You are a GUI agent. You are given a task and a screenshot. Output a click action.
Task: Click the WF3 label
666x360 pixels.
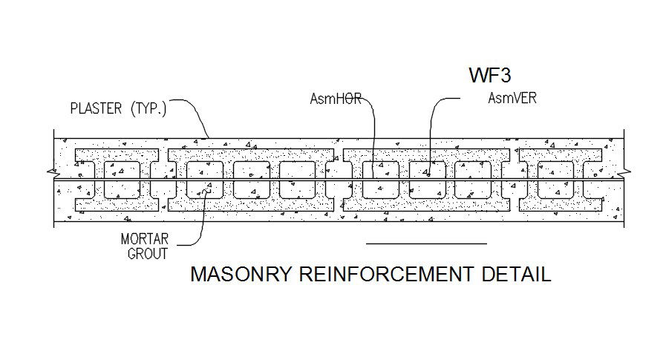(x=492, y=76)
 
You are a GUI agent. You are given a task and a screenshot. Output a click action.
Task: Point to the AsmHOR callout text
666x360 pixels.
(x=335, y=99)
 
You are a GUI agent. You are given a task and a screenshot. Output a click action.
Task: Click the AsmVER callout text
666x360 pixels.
(x=512, y=98)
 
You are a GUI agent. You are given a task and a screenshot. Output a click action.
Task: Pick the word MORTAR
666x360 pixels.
(x=144, y=240)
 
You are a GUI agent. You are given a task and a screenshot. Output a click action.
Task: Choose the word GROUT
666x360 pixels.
(x=144, y=253)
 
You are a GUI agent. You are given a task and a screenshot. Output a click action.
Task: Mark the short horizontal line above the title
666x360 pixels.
(x=426, y=243)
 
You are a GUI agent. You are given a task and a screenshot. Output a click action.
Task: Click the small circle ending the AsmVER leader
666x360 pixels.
(x=429, y=175)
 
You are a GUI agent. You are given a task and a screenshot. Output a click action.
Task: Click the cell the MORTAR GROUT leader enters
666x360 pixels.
(x=205, y=180)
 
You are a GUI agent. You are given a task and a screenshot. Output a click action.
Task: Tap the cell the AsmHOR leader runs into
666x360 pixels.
(x=381, y=180)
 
